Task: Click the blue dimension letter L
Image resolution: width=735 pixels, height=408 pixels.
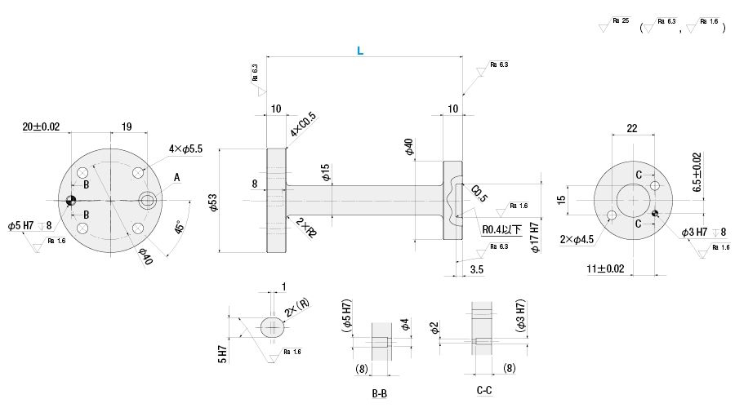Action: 359,51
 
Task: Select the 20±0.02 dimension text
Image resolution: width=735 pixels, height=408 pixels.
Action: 42,126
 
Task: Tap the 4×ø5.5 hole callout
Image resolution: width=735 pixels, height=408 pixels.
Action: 185,149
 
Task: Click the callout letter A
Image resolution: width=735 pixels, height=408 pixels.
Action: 176,177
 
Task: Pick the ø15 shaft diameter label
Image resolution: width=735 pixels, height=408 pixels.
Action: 325,172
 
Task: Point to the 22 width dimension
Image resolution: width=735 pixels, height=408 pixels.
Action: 632,128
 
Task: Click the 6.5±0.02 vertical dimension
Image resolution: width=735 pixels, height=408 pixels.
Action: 696,172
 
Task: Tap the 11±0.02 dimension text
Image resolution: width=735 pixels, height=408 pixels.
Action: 605,268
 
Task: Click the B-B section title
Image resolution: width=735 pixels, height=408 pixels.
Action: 380,393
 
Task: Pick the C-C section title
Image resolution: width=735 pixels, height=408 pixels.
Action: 483,392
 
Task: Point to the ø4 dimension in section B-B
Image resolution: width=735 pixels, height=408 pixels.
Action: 404,326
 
